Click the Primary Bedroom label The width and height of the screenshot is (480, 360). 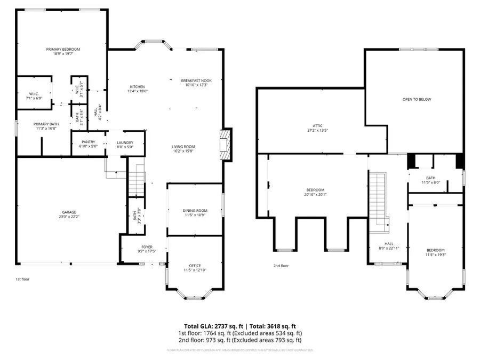pyautogui.click(x=59, y=49)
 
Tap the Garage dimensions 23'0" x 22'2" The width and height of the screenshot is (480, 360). pyautogui.click(x=68, y=217)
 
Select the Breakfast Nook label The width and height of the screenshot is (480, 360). pyautogui.click(x=196, y=81)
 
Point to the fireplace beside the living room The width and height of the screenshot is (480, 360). pyautogui.click(x=227, y=144)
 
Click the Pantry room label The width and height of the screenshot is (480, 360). pyautogui.click(x=88, y=142)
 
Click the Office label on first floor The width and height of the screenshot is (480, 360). pyautogui.click(x=195, y=266)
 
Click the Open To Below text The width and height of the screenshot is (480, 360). pyautogui.click(x=417, y=99)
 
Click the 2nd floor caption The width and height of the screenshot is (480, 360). pyautogui.click(x=281, y=265)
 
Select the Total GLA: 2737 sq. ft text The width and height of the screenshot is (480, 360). pyautogui.click(x=211, y=325)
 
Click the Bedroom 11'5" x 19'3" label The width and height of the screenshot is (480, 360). pyautogui.click(x=435, y=250)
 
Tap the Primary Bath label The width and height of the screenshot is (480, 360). pyautogui.click(x=46, y=124)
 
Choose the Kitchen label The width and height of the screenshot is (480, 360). pyautogui.click(x=138, y=87)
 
